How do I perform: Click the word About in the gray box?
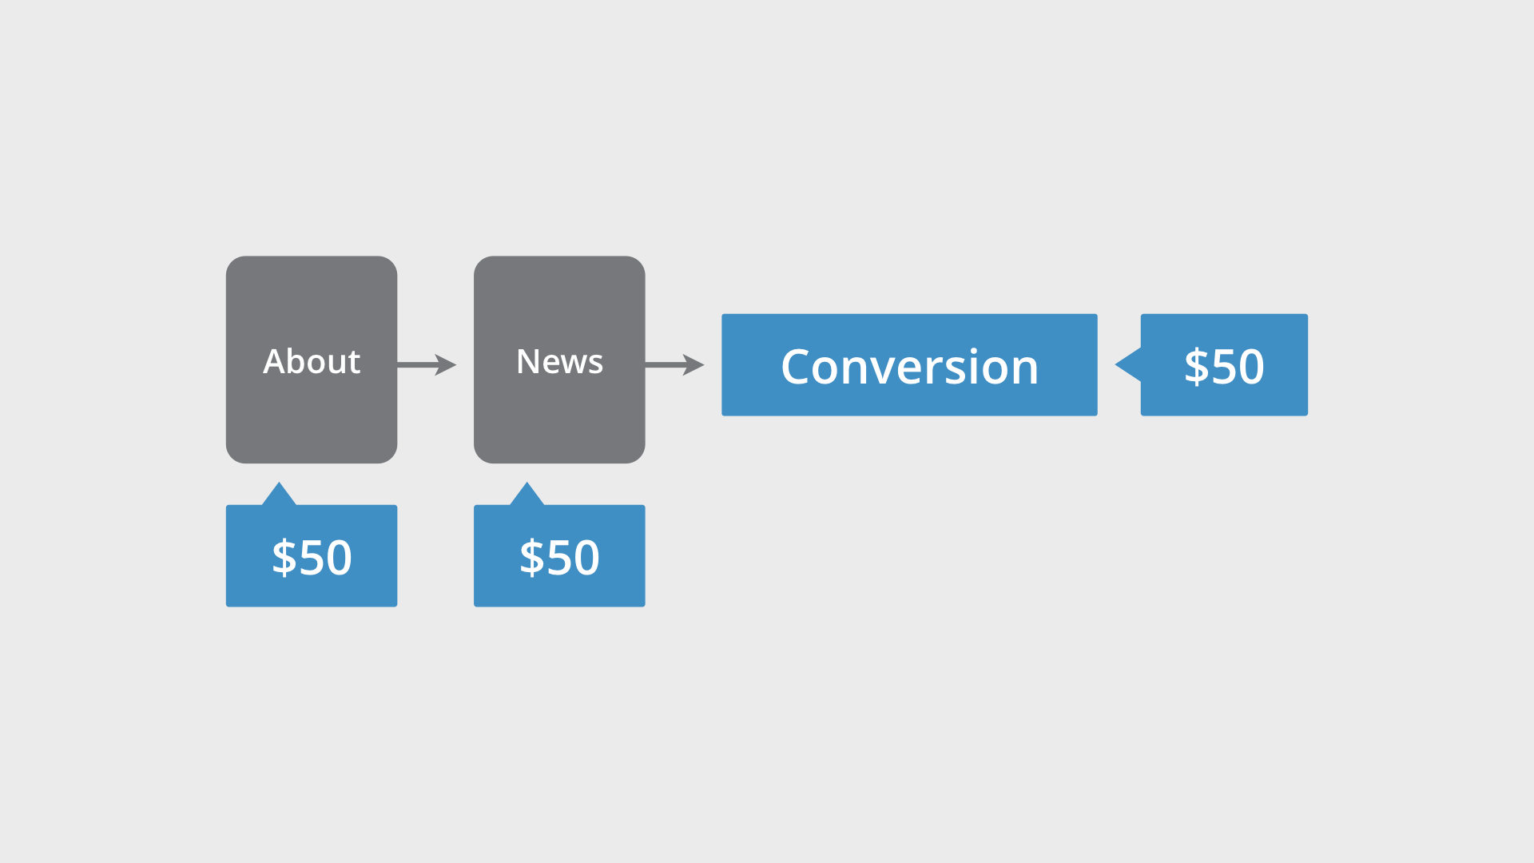click(x=312, y=362)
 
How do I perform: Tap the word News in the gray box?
click(x=559, y=362)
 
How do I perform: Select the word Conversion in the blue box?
click(x=909, y=367)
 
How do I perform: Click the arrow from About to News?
click(x=426, y=364)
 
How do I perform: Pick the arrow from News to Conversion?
click(x=674, y=364)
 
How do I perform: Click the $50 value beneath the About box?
click(x=312, y=557)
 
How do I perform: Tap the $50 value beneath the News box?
click(x=559, y=557)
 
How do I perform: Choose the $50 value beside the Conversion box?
click(x=1224, y=367)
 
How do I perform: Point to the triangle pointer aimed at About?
click(x=279, y=495)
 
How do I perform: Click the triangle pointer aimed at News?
click(x=527, y=495)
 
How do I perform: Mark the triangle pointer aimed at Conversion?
click(x=1129, y=364)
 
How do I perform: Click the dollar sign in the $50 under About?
click(x=284, y=557)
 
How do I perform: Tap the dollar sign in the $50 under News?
click(x=531, y=557)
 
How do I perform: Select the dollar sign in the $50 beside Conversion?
click(x=1196, y=367)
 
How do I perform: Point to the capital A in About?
click(x=274, y=362)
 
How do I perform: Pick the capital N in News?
click(x=529, y=362)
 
